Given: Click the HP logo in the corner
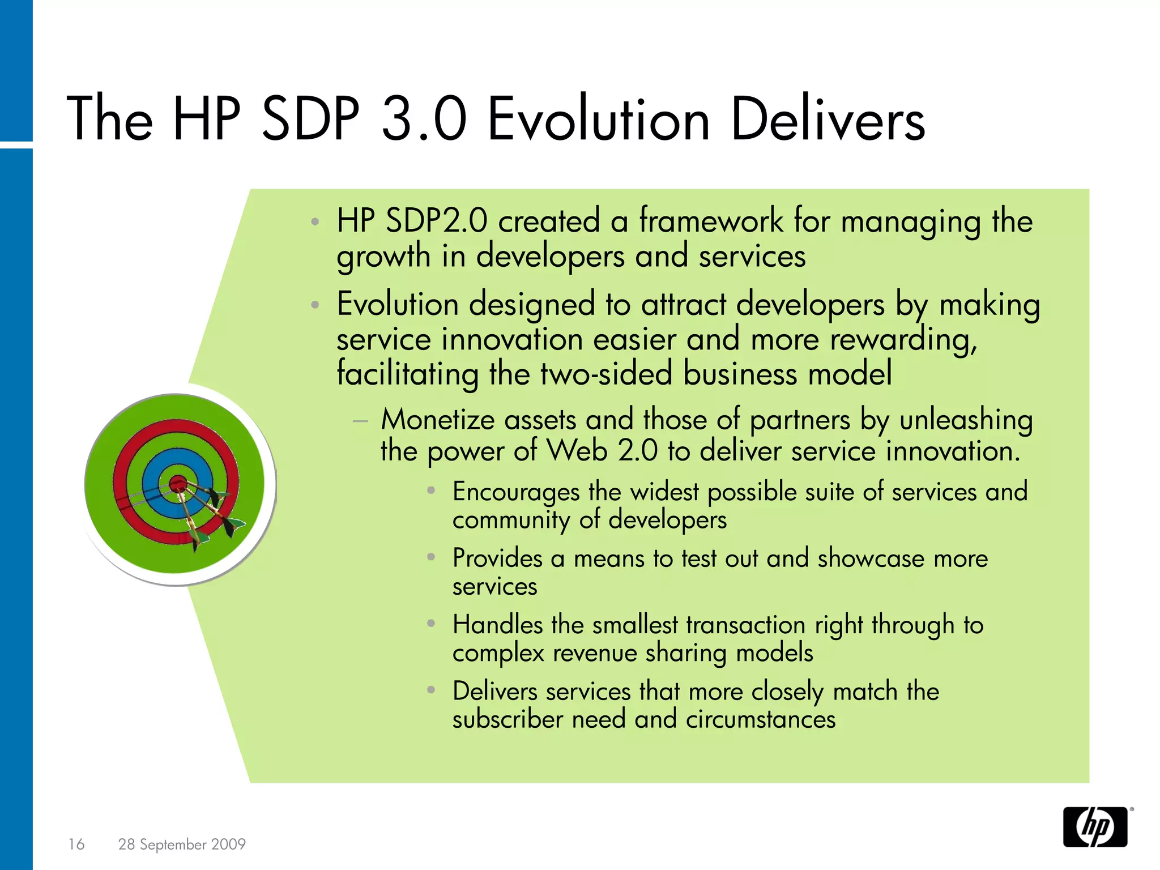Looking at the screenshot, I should pyautogui.click(x=1095, y=827).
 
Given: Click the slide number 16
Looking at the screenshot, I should pyautogui.click(x=76, y=844).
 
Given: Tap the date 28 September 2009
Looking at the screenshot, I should pyautogui.click(x=182, y=844).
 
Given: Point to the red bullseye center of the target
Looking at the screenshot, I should pyautogui.click(x=178, y=484).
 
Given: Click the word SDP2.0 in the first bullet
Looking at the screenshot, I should pyautogui.click(x=436, y=221).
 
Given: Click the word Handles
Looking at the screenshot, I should pyautogui.click(x=497, y=625).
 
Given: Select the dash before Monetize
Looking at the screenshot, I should pyautogui.click(x=360, y=421).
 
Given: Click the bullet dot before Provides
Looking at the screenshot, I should pyautogui.click(x=431, y=557).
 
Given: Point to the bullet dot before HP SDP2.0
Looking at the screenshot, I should pyautogui.click(x=315, y=221).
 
